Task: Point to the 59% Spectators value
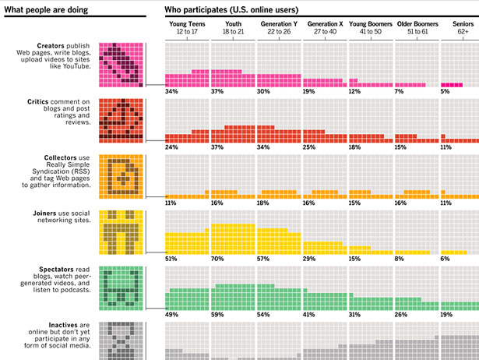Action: point(217,315)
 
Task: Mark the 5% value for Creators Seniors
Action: point(445,91)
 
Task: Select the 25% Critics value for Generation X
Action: point(309,147)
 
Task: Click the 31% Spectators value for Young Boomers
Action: point(355,315)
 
